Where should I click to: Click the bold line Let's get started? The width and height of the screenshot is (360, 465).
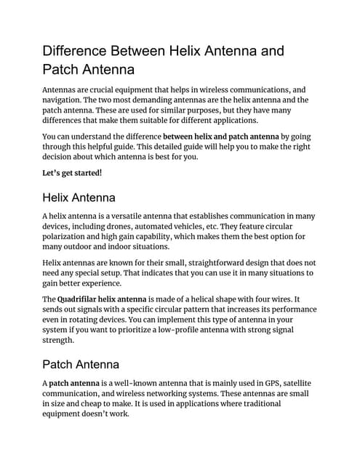pyautogui.click(x=72, y=172)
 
